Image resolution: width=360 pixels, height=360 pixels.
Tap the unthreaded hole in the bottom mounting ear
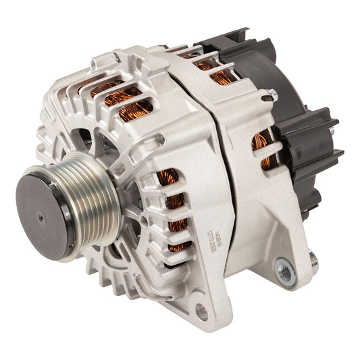pos(201,311)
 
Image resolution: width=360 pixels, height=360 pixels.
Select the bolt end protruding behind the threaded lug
pos(313,258)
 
